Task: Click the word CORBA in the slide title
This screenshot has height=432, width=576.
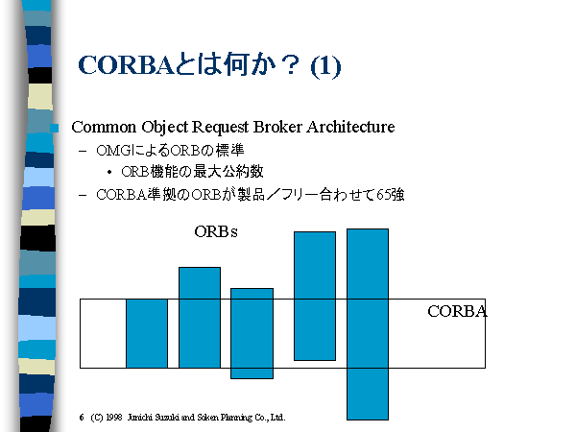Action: pos(125,65)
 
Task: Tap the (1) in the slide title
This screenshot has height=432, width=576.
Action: pos(325,67)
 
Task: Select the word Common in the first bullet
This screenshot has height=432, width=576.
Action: pos(104,127)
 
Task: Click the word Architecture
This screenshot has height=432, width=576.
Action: pos(350,127)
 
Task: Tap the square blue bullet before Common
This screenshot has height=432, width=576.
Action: pos(55,128)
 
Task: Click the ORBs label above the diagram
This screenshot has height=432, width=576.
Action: pos(216,231)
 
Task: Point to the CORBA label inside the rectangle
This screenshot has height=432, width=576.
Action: pos(457,311)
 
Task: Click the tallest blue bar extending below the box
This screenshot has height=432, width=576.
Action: pos(368,324)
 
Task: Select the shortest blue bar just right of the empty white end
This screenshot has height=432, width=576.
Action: pos(147,333)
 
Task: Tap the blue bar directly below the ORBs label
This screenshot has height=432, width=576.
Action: pos(200,318)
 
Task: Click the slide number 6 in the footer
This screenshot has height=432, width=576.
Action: pos(82,418)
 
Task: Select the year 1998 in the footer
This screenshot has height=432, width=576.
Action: pos(114,418)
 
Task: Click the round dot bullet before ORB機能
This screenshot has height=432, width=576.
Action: pos(109,172)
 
